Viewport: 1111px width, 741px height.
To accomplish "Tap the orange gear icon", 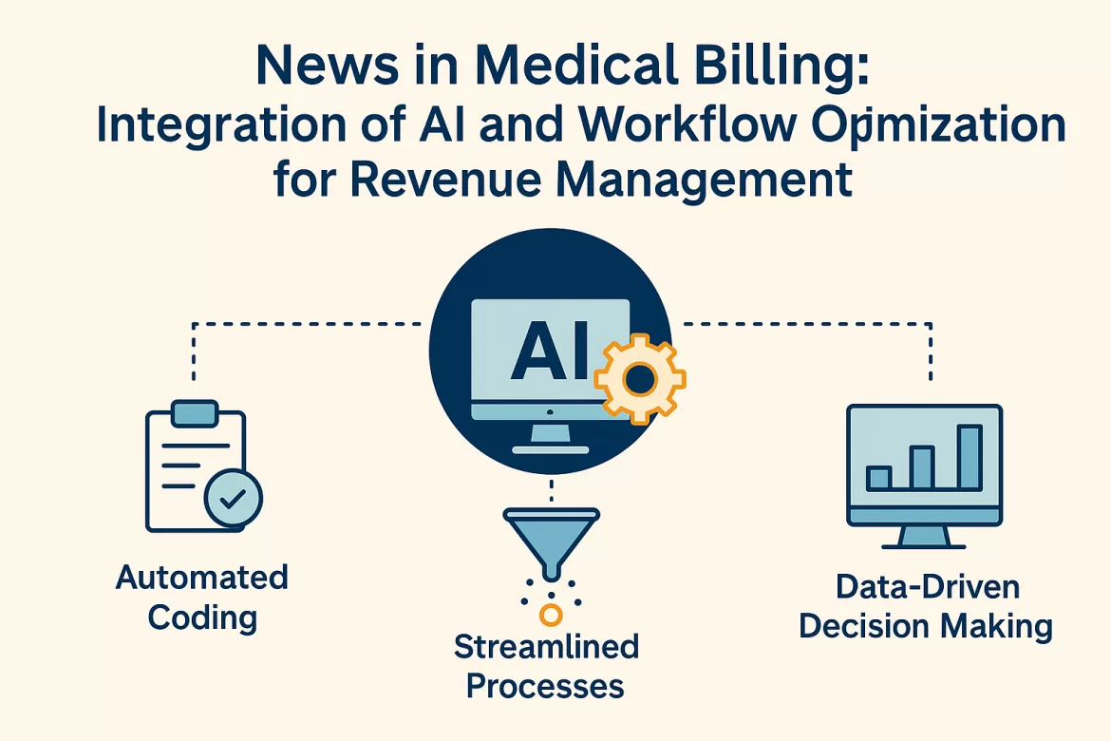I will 639,378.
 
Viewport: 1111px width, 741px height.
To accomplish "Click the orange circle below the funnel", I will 551,615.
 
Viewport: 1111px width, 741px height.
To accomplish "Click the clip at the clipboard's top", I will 196,411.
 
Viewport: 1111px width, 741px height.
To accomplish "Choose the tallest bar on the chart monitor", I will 969,457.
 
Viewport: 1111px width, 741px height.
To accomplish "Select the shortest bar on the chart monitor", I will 879,477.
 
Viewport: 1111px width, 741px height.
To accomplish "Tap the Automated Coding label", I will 202,597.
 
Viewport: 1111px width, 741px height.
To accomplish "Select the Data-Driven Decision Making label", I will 926,606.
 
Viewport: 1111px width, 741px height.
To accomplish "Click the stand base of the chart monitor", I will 924,544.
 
